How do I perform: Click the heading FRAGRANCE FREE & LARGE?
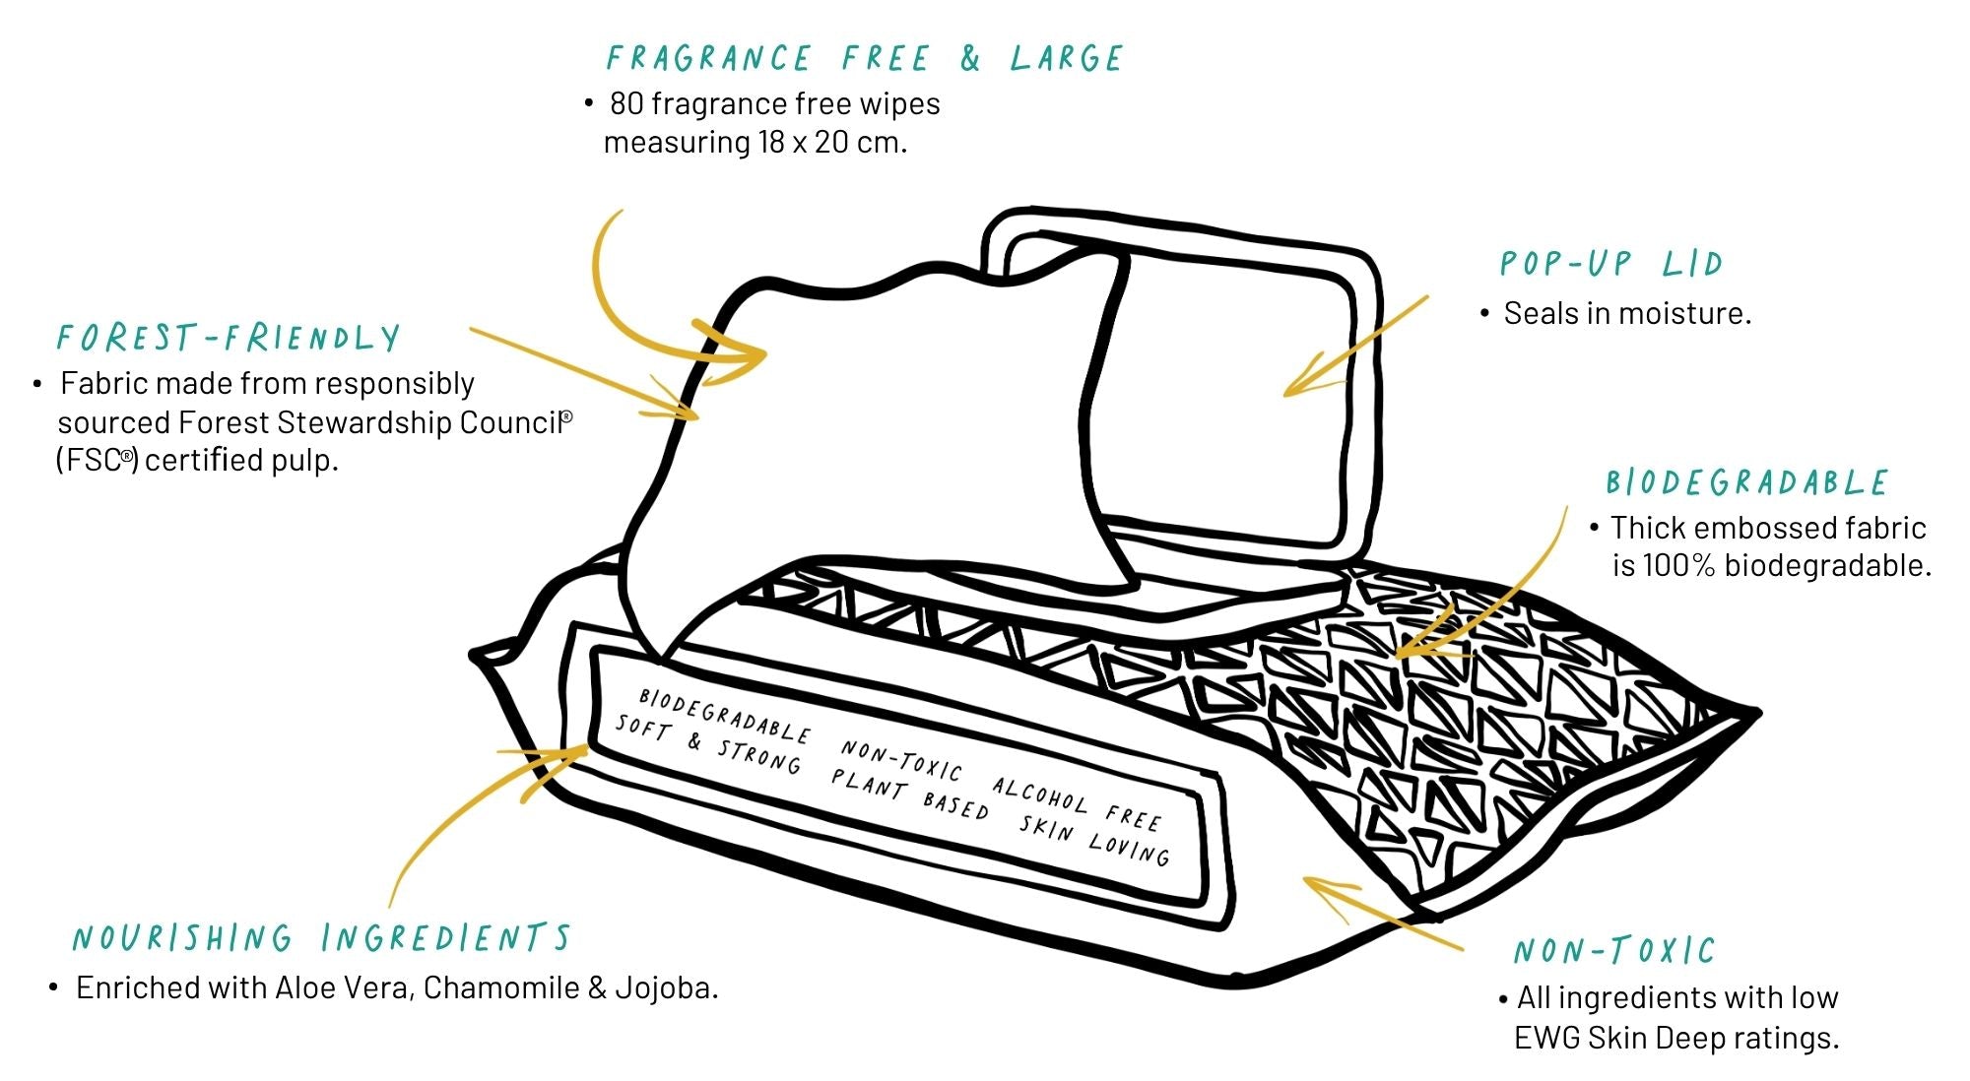[x=864, y=59]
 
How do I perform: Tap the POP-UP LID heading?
[x=1610, y=264]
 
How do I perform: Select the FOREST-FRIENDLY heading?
[x=229, y=339]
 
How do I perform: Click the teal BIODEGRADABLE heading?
[x=1746, y=482]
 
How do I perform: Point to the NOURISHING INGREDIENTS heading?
[x=321, y=938]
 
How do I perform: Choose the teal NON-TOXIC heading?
[x=1614, y=951]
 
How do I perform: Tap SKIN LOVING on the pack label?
[x=1094, y=839]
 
